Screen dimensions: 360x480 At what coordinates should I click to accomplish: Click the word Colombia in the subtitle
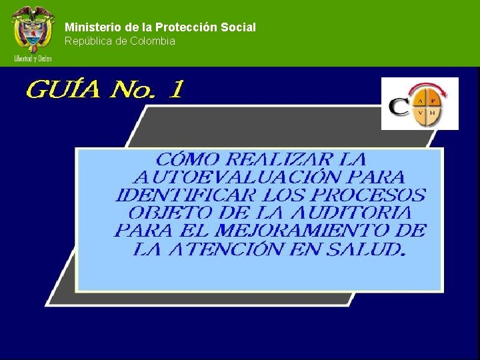(x=153, y=41)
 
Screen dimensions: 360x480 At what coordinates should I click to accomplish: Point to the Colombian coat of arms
(x=32, y=29)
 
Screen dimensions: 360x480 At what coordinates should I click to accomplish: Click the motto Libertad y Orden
(x=33, y=59)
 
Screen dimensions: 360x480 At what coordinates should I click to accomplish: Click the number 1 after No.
(x=174, y=89)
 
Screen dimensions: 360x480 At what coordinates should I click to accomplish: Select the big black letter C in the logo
(x=399, y=108)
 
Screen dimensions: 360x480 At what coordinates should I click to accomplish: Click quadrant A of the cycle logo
(x=420, y=101)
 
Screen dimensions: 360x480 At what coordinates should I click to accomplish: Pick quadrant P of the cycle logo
(x=433, y=101)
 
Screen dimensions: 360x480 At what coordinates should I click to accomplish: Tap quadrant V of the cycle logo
(x=420, y=113)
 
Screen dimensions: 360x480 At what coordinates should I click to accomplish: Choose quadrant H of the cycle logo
(x=433, y=113)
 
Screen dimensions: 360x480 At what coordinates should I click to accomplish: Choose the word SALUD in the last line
(x=367, y=249)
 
